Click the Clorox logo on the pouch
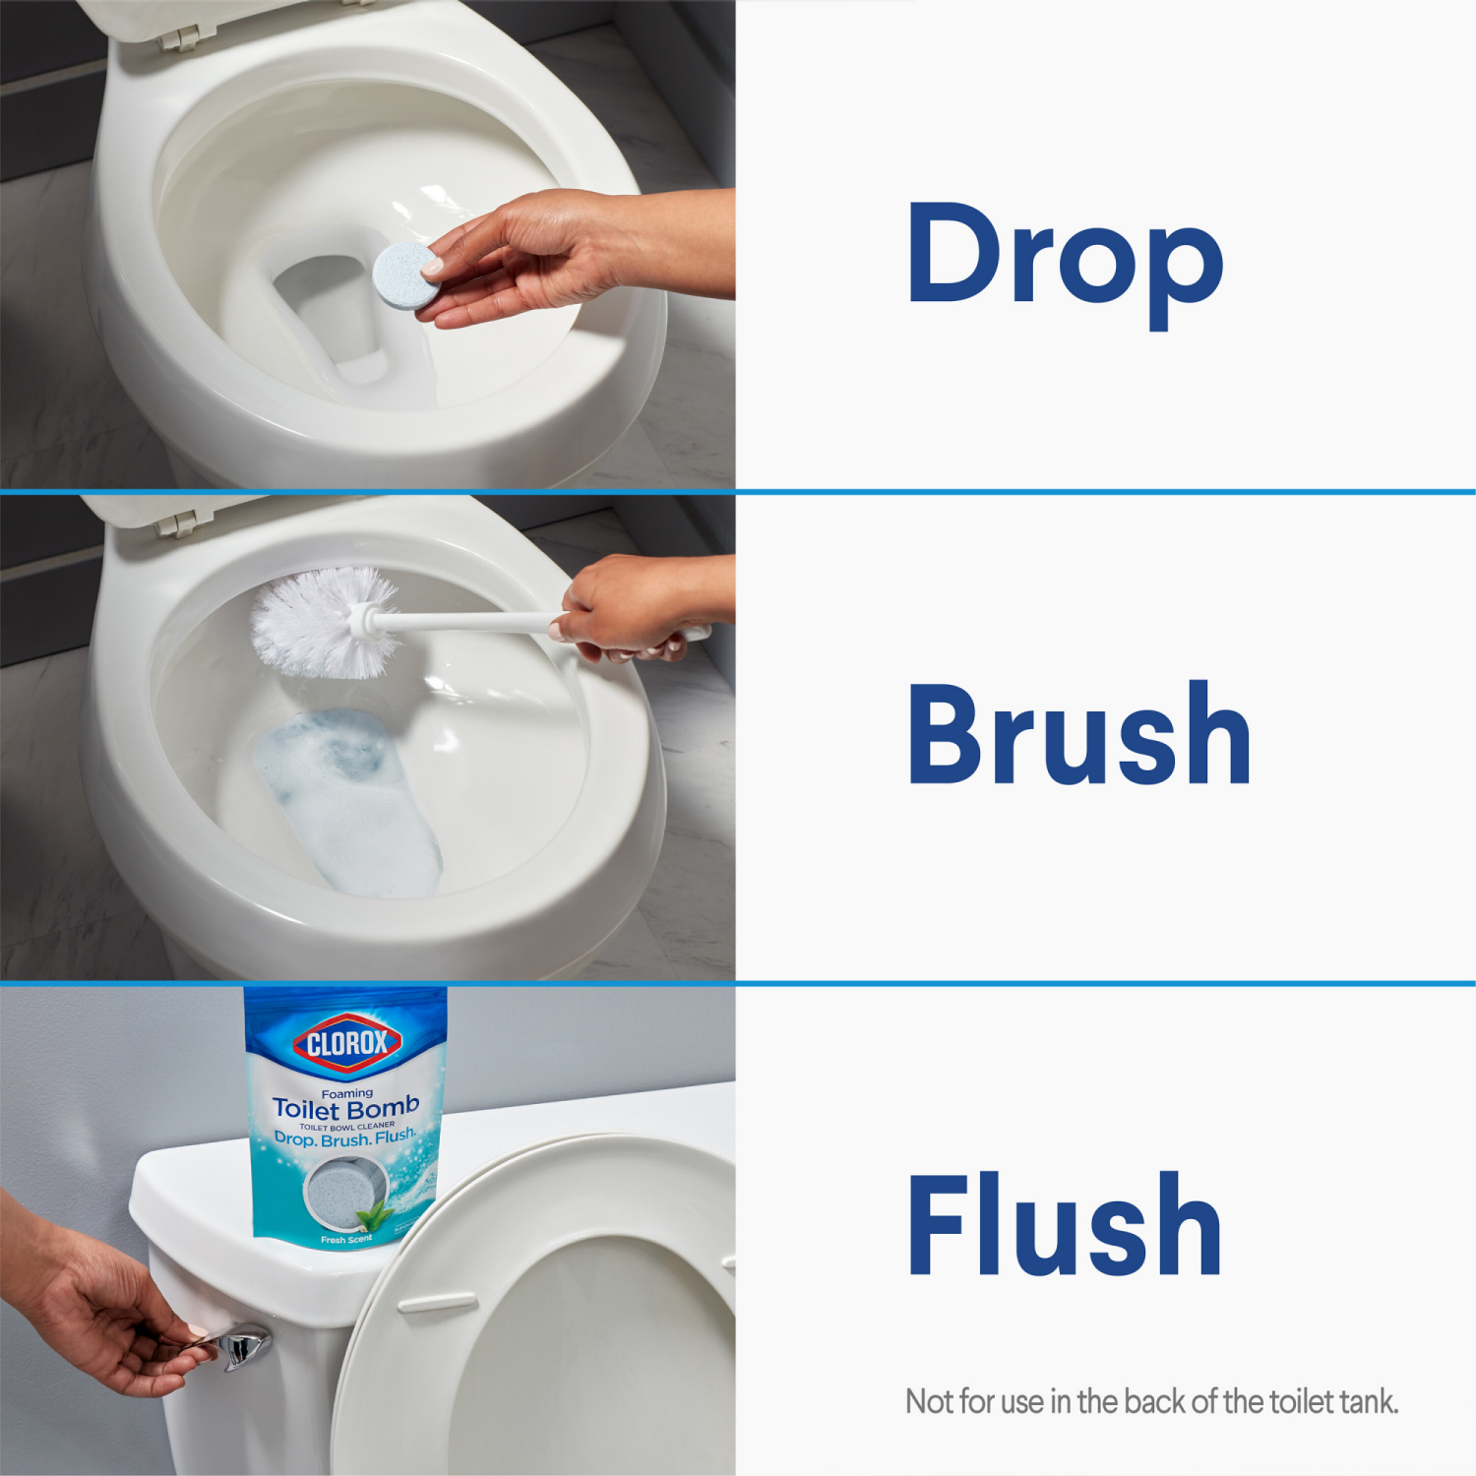[347, 1042]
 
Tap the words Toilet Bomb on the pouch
[346, 1108]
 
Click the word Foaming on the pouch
[347, 1092]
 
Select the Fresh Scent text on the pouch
[345, 1240]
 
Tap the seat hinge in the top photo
[177, 37]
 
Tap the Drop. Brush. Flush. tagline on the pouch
[345, 1138]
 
